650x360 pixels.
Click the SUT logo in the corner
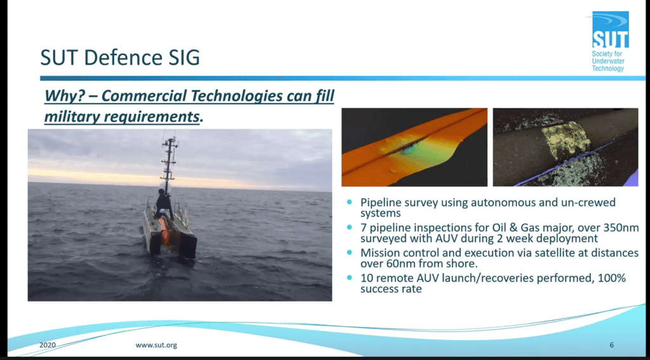point(610,30)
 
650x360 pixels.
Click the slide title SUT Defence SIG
point(119,58)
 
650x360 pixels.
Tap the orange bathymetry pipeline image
point(414,147)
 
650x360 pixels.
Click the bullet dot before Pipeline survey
point(350,203)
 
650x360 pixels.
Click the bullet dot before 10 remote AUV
point(350,277)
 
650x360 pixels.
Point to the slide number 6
point(611,345)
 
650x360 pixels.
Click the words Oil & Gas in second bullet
point(498,227)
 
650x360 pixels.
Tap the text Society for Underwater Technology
point(608,62)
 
